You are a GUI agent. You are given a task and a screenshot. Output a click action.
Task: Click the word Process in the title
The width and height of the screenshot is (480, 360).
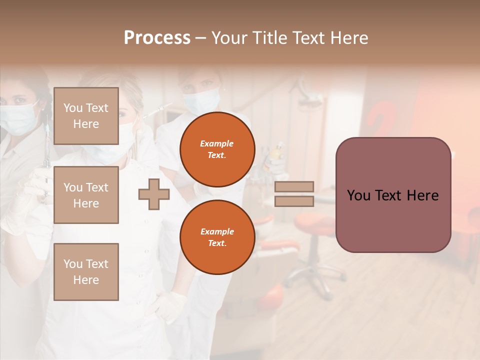(x=157, y=38)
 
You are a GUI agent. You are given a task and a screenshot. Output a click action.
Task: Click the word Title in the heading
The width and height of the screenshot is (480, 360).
(x=268, y=38)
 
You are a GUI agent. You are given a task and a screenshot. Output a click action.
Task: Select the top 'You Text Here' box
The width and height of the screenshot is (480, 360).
(x=86, y=116)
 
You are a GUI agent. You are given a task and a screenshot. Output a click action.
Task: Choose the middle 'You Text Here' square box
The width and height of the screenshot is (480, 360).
(x=86, y=195)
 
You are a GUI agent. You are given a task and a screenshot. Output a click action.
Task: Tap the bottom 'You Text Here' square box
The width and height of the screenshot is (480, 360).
(x=86, y=272)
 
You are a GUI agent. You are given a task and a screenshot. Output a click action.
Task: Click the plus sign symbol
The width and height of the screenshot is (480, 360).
(x=154, y=194)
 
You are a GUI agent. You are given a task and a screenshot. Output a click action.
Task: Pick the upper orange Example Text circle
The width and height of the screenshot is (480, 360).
(x=217, y=149)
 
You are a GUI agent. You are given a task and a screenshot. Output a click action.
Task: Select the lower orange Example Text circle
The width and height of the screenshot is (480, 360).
(x=217, y=237)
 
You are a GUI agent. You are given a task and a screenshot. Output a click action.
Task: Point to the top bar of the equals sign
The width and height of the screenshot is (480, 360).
(x=294, y=186)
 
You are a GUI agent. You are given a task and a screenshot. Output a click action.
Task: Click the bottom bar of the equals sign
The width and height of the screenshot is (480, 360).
(x=294, y=201)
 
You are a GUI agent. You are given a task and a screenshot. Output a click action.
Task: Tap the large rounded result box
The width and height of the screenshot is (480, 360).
(x=393, y=195)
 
